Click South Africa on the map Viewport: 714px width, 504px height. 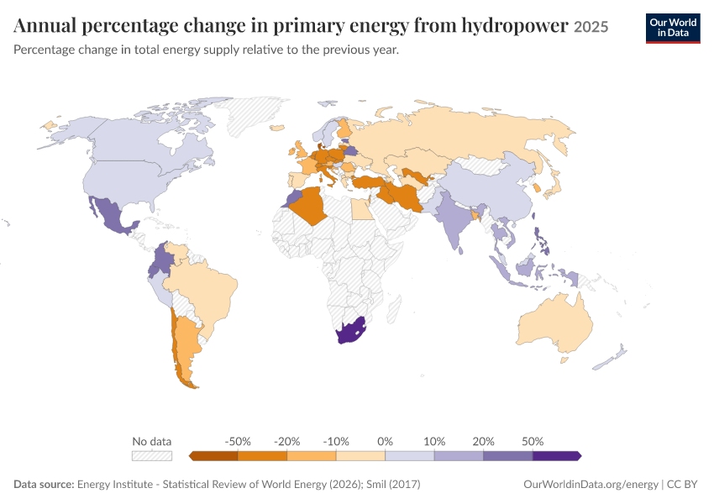click(350, 330)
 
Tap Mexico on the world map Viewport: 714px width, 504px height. click(113, 215)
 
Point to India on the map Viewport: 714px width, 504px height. click(453, 218)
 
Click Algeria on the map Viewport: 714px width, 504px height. click(310, 206)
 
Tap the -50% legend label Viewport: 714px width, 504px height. click(238, 441)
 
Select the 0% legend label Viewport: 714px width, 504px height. click(385, 441)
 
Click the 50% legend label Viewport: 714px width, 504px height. click(533, 441)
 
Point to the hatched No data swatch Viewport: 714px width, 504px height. click(152, 456)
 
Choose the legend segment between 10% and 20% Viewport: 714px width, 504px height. click(459, 456)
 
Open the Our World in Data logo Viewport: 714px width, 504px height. click(673, 29)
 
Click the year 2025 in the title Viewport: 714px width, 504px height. click(591, 27)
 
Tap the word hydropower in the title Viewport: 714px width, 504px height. click(515, 25)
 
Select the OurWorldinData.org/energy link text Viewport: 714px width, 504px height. click(591, 484)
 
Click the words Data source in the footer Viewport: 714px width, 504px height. click(44, 484)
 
